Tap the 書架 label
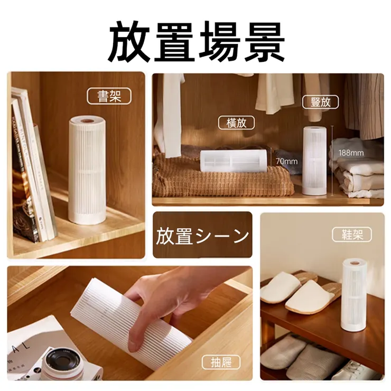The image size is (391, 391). coord(109,96)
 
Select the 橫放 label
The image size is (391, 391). coord(236,123)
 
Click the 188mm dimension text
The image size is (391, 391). coord(351,153)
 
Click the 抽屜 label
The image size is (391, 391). coord(221,362)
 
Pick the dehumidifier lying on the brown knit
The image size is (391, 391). coord(233,161)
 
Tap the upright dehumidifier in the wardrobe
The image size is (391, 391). coord(315,159)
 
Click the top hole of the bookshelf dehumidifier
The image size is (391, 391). coord(87,122)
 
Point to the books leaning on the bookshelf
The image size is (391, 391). coord(32,169)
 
